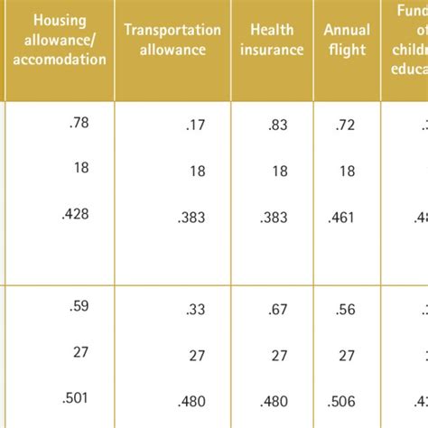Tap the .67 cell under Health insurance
point(278,308)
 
